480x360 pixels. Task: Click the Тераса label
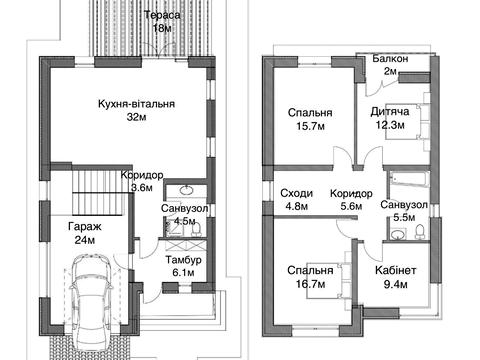click(162, 15)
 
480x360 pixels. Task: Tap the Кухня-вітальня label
click(136, 104)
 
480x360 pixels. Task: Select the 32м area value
click(136, 117)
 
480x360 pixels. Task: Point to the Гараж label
click(85, 227)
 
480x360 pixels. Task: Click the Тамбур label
click(184, 260)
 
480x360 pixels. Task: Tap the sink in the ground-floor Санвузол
click(186, 190)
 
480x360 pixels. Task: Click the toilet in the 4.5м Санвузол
click(197, 228)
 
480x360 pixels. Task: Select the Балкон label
click(390, 59)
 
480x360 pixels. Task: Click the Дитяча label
click(390, 111)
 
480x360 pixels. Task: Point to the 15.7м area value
click(310, 126)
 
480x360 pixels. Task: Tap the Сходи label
click(297, 193)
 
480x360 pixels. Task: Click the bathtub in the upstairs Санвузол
click(408, 177)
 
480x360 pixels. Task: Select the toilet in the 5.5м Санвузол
click(420, 231)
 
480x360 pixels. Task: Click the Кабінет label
click(395, 270)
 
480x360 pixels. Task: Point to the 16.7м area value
click(311, 284)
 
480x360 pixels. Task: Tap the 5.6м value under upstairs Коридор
click(351, 206)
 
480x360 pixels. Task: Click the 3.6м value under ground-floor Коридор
click(142, 188)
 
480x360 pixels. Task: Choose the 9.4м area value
click(395, 284)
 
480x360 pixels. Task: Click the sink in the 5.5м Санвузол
click(398, 234)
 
